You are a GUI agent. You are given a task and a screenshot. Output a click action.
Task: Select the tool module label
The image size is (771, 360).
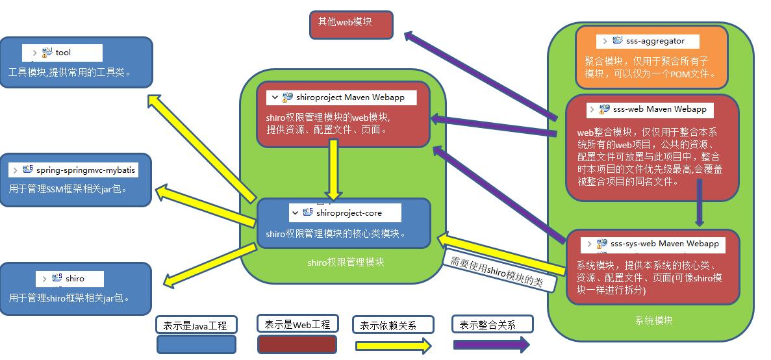pos(62,53)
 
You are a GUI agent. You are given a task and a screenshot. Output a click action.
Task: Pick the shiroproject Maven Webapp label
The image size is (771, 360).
pos(349,97)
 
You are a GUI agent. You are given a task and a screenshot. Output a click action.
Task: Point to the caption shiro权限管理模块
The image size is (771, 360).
pos(346,263)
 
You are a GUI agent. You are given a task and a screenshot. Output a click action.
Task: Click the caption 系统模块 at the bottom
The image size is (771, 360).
pos(653,320)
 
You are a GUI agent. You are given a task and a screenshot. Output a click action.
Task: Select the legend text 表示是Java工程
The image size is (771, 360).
pos(196,325)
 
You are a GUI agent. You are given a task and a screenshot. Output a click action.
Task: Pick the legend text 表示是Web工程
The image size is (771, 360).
pos(297,324)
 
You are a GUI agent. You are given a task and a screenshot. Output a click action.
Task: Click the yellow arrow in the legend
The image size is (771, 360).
pos(393,346)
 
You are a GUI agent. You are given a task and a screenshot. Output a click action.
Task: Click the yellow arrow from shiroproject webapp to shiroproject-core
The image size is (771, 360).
pos(334,169)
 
